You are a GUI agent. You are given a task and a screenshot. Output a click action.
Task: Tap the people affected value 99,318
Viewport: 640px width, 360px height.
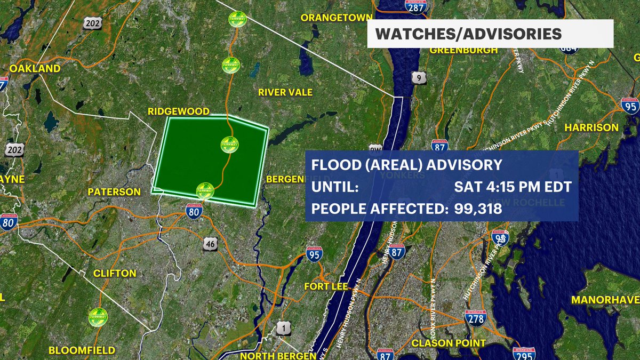(478, 209)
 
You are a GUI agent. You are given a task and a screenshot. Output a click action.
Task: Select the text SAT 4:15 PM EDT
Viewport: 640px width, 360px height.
(513, 187)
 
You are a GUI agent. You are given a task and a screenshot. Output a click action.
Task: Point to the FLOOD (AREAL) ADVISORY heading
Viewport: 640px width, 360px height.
(407, 164)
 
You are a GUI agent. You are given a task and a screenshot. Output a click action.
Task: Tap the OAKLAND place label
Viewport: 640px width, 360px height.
(35, 69)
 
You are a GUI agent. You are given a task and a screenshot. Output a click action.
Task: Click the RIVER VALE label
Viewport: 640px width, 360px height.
(285, 92)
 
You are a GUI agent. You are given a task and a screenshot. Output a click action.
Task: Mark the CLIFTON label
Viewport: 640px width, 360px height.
(115, 273)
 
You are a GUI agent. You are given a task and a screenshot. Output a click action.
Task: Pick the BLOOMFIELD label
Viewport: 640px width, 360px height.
(82, 350)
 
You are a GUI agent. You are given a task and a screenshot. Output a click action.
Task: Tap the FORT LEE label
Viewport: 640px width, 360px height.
(326, 286)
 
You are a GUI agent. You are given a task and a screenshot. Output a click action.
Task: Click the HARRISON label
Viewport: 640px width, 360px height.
(591, 127)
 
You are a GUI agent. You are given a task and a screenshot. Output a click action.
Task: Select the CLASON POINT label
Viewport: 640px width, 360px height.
(449, 343)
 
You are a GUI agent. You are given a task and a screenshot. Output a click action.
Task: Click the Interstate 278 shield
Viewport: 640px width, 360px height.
(475, 318)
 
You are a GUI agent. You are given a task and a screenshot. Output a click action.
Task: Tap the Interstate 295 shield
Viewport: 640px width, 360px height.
(524, 354)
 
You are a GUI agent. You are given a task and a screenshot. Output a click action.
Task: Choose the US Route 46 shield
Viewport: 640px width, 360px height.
(210, 244)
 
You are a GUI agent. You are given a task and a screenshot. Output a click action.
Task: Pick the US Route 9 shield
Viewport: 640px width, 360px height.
(419, 78)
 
